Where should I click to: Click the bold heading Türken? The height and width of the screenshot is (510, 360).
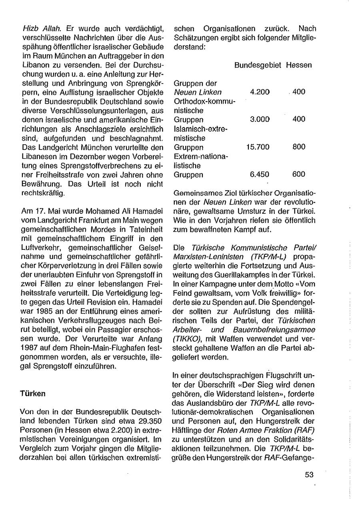click(x=33, y=394)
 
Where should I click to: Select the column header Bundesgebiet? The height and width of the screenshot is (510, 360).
click(x=258, y=65)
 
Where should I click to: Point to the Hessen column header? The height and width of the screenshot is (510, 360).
click(x=299, y=65)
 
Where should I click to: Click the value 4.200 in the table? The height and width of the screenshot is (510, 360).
click(x=260, y=92)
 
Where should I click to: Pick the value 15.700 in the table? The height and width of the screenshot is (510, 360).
click(x=258, y=147)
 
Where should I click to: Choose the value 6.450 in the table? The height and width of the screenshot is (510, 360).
click(x=260, y=174)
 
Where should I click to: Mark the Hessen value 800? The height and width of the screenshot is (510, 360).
click(x=299, y=147)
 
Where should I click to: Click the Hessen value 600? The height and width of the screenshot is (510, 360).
click(x=299, y=174)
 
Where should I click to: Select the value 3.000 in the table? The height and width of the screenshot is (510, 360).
click(x=260, y=120)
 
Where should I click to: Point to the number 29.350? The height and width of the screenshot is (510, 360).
click(x=143, y=430)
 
